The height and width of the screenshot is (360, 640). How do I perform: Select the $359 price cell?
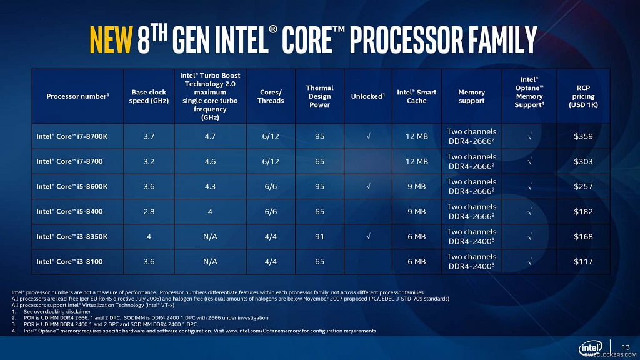[582, 136]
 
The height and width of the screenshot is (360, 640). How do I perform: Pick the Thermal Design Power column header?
[319, 96]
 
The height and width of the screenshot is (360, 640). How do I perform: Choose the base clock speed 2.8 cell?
[148, 211]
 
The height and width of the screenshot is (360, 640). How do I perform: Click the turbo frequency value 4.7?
[210, 136]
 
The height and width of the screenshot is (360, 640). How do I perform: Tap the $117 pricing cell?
[582, 261]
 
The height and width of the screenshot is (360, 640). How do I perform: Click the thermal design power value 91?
[319, 236]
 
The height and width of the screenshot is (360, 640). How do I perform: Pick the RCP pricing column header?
[582, 96]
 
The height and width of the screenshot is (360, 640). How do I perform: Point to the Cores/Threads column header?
[271, 96]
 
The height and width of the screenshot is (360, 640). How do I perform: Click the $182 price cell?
[582, 211]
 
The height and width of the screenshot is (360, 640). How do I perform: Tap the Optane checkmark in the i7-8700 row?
[529, 161]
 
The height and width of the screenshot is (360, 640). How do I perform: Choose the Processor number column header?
[71, 96]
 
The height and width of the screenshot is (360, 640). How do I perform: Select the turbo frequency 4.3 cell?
[210, 186]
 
